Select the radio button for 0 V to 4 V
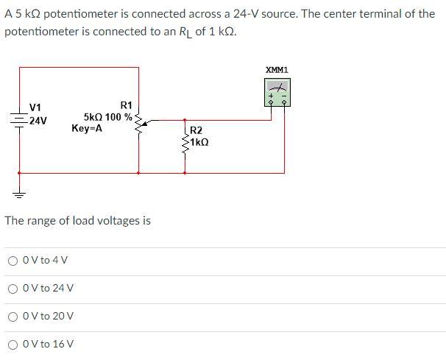point(13,260)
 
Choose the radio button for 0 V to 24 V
point(13,288)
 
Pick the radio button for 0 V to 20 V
point(13,316)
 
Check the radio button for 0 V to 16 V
point(13,344)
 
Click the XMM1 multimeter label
point(277,70)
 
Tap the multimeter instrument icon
point(277,93)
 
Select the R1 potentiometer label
point(126,106)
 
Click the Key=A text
point(87,128)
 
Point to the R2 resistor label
point(197,131)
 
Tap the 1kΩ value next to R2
point(201,141)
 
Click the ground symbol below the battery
point(19,193)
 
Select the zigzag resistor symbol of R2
point(185,138)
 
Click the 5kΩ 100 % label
point(108,117)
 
